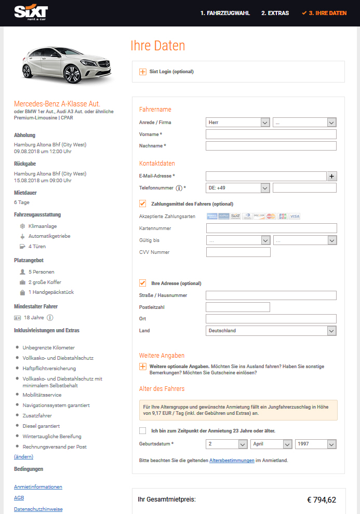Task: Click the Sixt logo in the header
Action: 31,12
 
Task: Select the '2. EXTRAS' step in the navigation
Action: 275,13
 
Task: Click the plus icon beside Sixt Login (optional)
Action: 143,72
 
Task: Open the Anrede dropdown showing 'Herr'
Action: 238,123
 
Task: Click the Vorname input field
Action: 271,134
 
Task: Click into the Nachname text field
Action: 271,146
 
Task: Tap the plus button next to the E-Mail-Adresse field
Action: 332,176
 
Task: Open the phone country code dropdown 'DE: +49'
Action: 238,188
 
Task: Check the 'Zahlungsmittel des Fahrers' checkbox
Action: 143,204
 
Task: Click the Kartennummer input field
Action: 271,228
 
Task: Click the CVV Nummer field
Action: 238,252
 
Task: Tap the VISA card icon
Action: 295,216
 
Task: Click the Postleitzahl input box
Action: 238,307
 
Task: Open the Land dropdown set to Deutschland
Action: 271,331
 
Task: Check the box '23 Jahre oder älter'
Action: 143,430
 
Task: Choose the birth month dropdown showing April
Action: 271,444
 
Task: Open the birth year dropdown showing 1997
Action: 315,444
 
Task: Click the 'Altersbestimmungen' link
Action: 232,461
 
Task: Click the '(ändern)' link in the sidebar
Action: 23,456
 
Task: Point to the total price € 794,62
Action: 322,500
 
